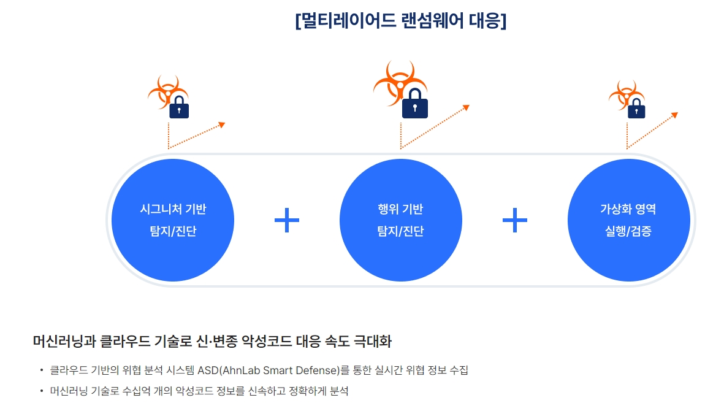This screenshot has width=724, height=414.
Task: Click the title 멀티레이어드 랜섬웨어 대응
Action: click(400, 20)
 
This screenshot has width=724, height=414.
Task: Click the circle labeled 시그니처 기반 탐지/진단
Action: click(173, 220)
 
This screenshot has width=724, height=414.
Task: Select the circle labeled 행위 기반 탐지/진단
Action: click(400, 220)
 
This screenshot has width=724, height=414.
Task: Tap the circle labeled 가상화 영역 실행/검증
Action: click(628, 220)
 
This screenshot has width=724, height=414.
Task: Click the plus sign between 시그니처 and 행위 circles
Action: click(287, 220)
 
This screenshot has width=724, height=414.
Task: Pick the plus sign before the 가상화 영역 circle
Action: click(515, 220)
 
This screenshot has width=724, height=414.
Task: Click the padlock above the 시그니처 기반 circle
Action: click(179, 108)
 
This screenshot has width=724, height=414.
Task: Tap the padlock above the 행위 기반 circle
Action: click(415, 104)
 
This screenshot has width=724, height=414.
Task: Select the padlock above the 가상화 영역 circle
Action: click(636, 109)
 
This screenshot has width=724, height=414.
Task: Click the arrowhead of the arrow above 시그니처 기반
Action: click(222, 125)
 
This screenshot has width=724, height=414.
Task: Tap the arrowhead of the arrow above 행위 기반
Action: click(466, 107)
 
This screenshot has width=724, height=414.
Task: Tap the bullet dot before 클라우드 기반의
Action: click(41, 370)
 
